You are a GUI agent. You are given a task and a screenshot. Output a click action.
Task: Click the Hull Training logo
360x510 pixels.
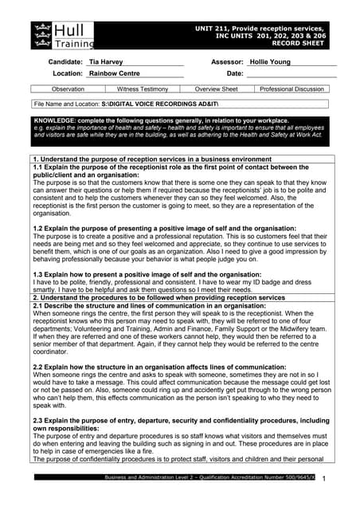click(63, 35)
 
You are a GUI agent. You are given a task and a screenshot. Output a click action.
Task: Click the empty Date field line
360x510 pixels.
click(291, 73)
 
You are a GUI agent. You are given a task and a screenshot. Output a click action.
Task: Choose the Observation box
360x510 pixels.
click(68, 89)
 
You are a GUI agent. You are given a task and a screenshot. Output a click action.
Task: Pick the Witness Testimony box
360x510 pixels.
click(143, 89)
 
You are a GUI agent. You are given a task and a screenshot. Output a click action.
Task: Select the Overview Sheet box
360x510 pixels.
click(217, 89)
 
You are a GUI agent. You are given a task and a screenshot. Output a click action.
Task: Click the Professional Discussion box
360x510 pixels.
click(292, 89)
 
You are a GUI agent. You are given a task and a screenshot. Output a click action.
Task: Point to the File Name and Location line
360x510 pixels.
click(104, 104)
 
